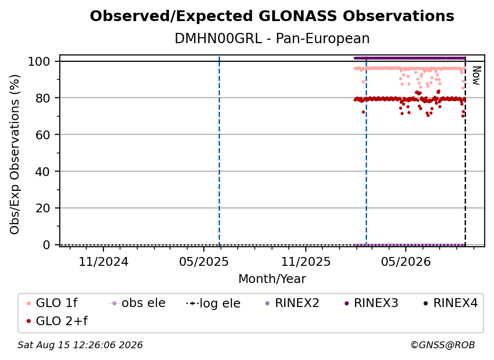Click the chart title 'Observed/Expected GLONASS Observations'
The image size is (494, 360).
tap(272, 16)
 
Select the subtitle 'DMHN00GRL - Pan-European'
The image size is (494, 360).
tap(272, 38)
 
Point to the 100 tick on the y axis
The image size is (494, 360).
tap(39, 61)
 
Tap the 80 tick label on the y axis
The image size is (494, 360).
tap(43, 98)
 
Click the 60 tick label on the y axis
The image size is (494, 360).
tap(43, 135)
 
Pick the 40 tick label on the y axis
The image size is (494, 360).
tap(43, 172)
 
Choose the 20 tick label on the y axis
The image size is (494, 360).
tap(43, 208)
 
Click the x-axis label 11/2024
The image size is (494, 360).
tap(103, 261)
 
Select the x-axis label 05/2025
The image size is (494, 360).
tap(204, 261)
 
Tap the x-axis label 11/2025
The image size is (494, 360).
tap(306, 261)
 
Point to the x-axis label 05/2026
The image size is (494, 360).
tap(406, 261)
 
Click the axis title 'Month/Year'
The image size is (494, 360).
tap(272, 279)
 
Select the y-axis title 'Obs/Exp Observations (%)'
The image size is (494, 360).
tap(15, 154)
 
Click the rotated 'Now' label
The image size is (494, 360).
tap(476, 76)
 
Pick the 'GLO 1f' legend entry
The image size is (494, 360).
tap(52, 303)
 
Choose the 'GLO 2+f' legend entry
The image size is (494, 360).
tap(57, 321)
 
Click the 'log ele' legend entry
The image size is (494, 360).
tap(214, 303)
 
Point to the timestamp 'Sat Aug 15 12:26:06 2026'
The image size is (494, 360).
tap(80, 345)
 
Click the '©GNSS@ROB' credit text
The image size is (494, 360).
tap(443, 345)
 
